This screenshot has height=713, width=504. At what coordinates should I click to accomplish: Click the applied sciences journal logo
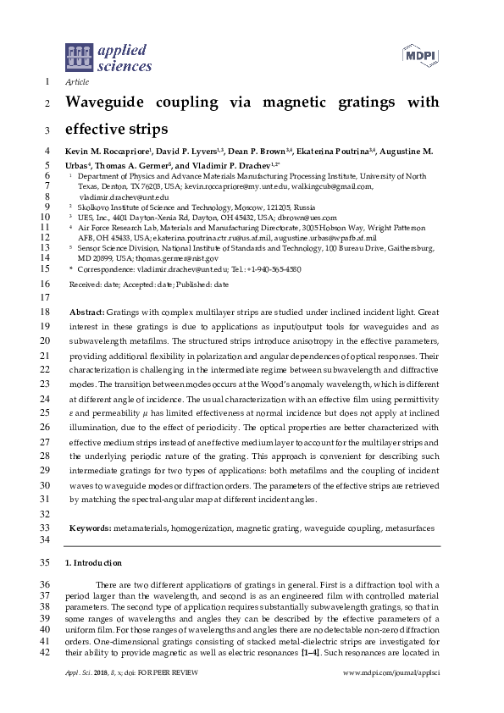pos(108,56)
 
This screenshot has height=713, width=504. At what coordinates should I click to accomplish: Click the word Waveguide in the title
pos(108,102)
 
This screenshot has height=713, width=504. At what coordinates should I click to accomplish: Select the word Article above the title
pos(77,82)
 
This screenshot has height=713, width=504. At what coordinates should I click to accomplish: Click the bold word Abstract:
pos(87,312)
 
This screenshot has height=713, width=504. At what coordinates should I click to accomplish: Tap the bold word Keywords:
pos(90,528)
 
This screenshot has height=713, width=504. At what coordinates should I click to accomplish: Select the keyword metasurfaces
pos(409,528)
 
